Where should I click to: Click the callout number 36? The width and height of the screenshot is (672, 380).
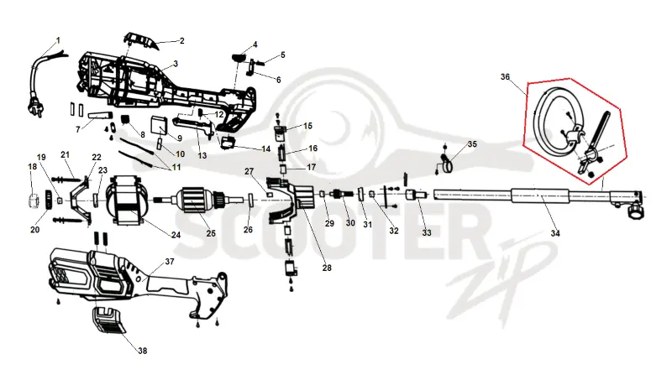(506, 77)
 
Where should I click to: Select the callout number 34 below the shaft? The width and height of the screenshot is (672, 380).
(555, 233)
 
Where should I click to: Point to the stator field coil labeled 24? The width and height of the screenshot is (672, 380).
(129, 200)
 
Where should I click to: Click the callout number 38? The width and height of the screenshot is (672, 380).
(142, 351)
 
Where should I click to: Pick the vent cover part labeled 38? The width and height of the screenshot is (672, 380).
(109, 320)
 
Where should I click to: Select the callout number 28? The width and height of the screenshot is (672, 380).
(327, 268)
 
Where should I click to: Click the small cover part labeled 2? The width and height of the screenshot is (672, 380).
(141, 40)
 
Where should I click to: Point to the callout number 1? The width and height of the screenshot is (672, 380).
(58, 40)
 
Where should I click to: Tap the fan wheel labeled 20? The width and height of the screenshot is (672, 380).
(49, 200)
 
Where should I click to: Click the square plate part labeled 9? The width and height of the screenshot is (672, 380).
(160, 126)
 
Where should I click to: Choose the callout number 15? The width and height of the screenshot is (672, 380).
(307, 126)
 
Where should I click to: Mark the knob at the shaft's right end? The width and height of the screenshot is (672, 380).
(635, 211)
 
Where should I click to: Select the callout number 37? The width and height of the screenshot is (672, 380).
(170, 261)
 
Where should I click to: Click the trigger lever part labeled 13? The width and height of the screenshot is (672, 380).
(194, 126)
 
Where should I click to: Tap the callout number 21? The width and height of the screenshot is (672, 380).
(66, 154)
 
